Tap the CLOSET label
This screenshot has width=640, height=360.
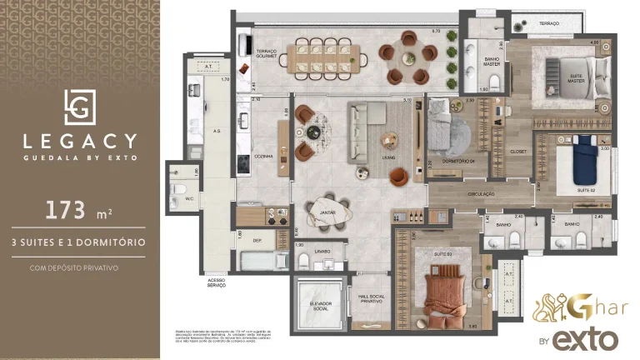(x=517, y=152)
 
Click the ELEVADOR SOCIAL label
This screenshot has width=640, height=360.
(x=316, y=306)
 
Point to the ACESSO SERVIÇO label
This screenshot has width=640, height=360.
(x=217, y=283)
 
